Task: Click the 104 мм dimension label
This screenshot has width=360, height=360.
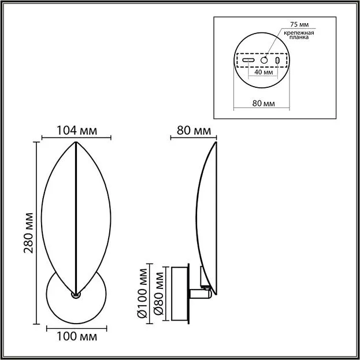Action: tap(77, 131)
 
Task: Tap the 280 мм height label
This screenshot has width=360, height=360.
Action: tap(28, 233)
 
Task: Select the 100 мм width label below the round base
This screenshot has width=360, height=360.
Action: tap(77, 336)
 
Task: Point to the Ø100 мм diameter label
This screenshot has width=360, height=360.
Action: tap(142, 293)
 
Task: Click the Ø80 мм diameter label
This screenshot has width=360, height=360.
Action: tap(159, 293)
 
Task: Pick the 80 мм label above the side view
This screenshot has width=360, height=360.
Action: tap(194, 131)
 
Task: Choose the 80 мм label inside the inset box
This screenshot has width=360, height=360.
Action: tap(263, 103)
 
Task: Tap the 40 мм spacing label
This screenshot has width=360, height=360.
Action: tap(263, 72)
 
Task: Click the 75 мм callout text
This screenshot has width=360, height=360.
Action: tap(299, 24)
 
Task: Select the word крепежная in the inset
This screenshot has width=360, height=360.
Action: tap(299, 33)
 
